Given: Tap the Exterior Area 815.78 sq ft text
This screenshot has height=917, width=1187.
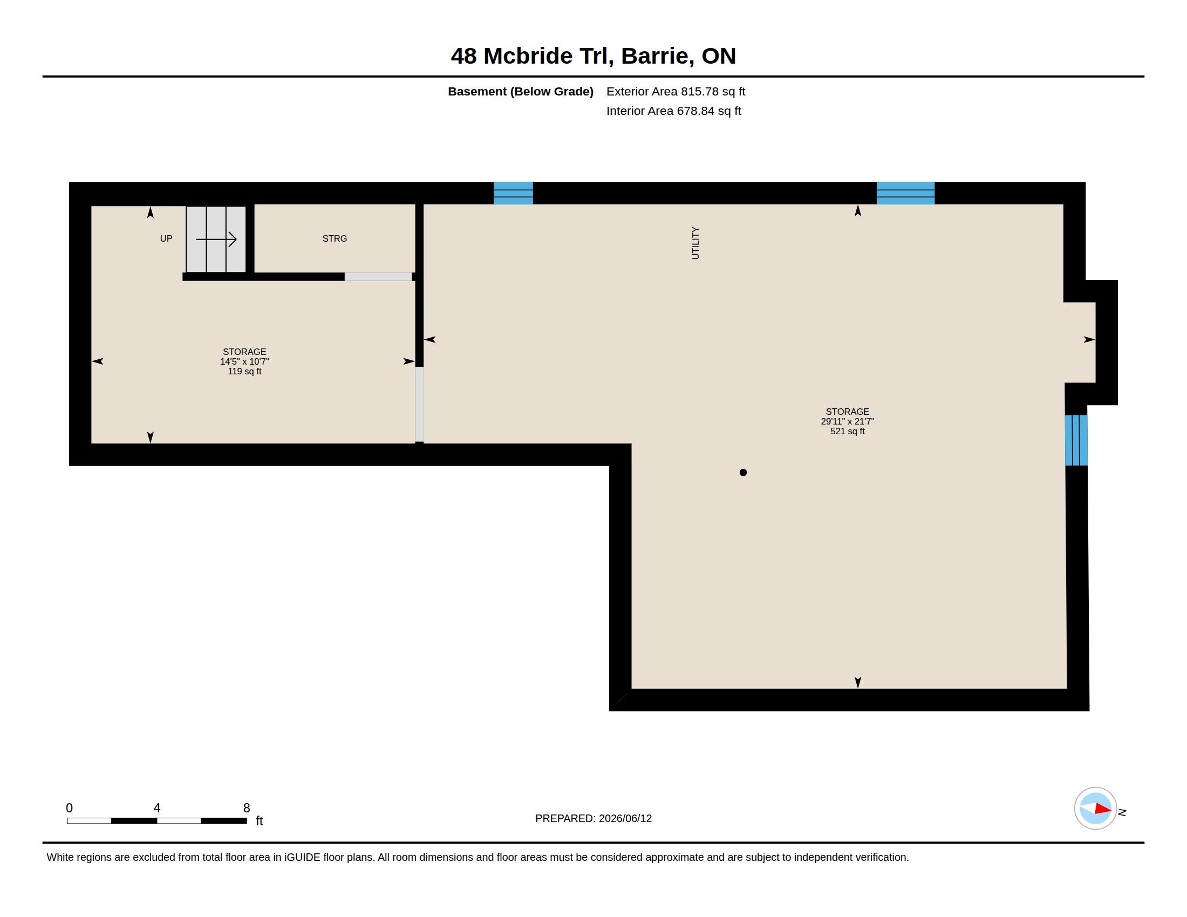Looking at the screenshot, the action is [676, 91].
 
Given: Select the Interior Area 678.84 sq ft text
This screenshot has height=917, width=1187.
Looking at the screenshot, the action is [673, 111].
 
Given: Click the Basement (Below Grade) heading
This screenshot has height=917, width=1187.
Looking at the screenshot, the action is [520, 91].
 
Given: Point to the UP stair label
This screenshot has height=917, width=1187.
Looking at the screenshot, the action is [166, 238].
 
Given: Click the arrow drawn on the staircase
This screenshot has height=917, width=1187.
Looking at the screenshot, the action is [216, 239].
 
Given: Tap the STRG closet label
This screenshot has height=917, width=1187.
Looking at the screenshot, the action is [335, 238].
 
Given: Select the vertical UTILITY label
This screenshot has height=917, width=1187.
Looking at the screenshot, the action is [695, 243].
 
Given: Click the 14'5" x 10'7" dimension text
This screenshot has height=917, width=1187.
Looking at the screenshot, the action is [244, 362].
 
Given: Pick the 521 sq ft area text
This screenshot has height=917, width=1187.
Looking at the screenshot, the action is [847, 432].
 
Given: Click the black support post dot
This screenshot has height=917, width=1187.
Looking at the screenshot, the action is [743, 473].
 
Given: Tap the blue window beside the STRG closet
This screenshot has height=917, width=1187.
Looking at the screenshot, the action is [513, 193].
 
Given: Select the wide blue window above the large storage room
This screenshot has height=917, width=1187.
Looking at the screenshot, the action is [905, 193].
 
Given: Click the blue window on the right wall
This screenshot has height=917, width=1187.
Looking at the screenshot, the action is [1076, 440].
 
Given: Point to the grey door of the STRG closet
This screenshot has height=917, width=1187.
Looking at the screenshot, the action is [378, 277].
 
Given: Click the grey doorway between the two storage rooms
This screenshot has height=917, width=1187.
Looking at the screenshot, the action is [420, 404].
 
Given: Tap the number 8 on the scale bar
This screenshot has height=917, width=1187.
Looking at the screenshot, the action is [247, 808].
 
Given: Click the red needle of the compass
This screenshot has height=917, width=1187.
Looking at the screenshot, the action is [1103, 809].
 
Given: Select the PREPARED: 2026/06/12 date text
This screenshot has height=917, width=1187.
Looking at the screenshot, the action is [593, 819].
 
